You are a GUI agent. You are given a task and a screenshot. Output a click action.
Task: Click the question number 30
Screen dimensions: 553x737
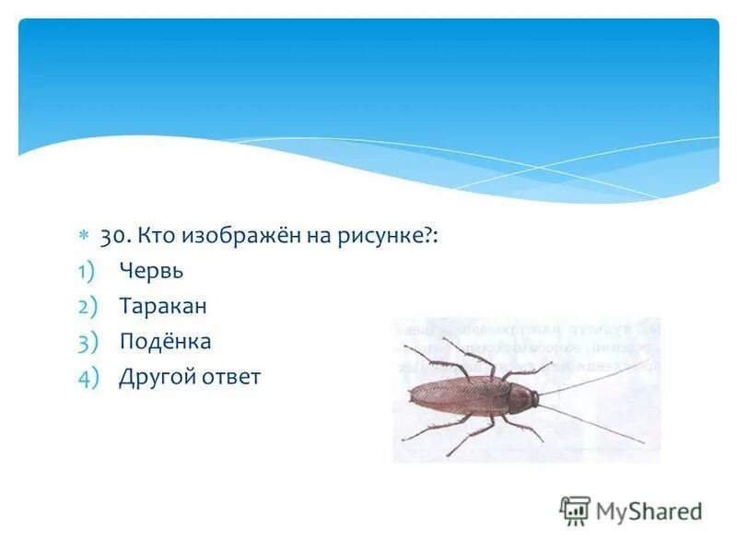click(114, 237)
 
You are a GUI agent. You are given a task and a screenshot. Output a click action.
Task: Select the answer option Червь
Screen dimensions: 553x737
click(151, 271)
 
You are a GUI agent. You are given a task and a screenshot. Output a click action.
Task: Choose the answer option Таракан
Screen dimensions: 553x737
click(162, 306)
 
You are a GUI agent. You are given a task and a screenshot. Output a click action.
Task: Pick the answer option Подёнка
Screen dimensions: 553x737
click(165, 342)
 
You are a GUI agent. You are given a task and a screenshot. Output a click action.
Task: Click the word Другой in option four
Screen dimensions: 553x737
click(151, 377)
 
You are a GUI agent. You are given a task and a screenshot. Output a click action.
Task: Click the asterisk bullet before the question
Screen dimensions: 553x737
click(82, 238)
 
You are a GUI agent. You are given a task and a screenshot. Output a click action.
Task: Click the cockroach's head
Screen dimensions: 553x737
click(527, 398)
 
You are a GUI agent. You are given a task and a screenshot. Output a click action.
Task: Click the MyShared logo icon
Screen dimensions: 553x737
click(575, 511)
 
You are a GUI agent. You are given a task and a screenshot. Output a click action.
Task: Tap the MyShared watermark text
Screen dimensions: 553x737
click(649, 512)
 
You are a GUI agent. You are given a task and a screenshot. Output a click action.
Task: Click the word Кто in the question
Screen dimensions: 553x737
click(153, 237)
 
